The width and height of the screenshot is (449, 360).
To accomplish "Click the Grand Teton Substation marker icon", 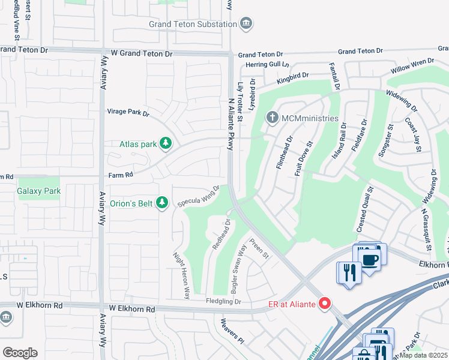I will pos(246,24).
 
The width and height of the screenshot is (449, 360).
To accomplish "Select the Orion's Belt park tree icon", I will pos(161,203).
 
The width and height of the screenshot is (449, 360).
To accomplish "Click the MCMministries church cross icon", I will pos(272,118).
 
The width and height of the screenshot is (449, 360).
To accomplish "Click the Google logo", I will pos(20,352).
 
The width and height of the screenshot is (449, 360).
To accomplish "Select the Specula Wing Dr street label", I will pos(199,196).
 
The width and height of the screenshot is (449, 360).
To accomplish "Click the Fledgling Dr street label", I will pos(223,301).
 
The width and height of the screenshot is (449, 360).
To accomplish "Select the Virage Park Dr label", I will pos(128,112).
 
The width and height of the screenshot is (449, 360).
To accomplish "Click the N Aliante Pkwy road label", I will pos(230,126).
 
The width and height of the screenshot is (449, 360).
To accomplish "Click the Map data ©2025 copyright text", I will pos(424,355).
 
